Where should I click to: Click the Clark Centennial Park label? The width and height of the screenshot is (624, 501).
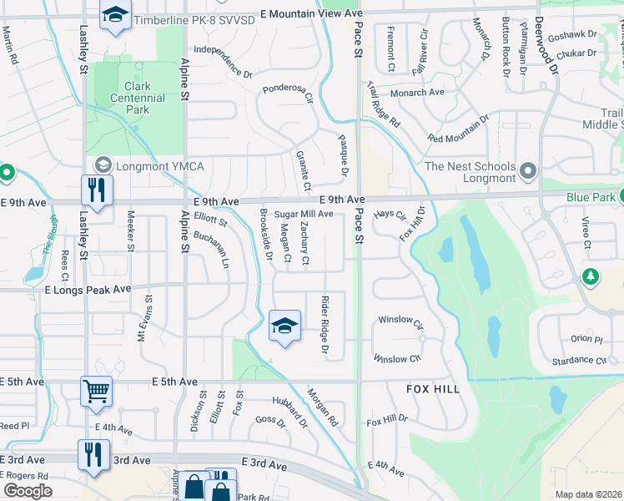click(x=137, y=98)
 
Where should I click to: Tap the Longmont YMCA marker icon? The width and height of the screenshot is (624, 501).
click(x=103, y=165)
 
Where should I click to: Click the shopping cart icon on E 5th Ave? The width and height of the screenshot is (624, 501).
click(x=97, y=390)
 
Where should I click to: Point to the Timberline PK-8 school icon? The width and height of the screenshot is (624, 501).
click(x=114, y=14)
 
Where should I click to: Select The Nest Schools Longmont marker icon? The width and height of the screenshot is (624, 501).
click(x=527, y=172)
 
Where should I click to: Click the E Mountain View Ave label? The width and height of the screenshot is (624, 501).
click(x=312, y=14)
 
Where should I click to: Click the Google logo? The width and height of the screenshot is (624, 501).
click(x=27, y=491)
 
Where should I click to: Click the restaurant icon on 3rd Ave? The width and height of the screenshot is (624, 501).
click(x=92, y=454)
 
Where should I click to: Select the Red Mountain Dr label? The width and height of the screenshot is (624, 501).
click(x=458, y=131)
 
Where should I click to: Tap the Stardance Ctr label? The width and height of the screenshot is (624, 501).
click(x=578, y=361)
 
